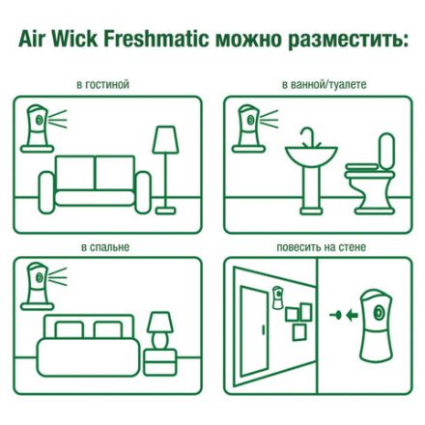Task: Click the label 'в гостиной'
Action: (103, 85)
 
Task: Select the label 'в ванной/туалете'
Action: (322, 85)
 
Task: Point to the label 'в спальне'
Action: (104, 247)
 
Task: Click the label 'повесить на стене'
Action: (321, 247)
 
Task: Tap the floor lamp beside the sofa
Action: (165, 164)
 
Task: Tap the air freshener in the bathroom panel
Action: (250, 126)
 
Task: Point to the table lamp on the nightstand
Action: (160, 324)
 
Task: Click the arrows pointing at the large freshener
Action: (337, 314)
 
